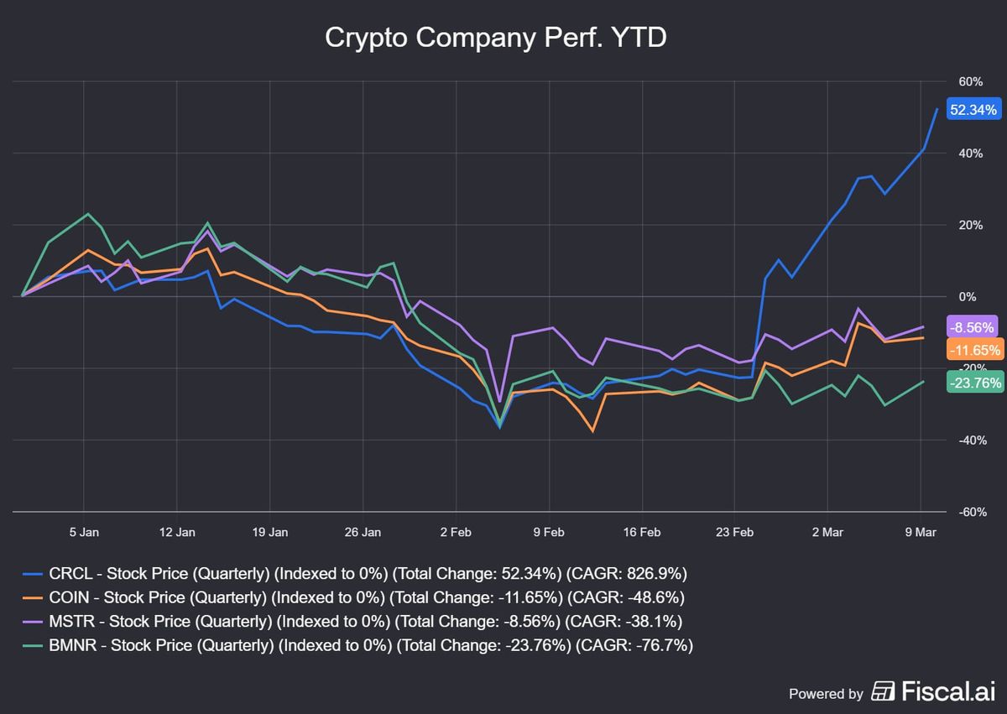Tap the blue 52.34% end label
tap(973, 110)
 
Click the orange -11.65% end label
tap(973, 350)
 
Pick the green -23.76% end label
tap(973, 383)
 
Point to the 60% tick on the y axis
tap(970, 81)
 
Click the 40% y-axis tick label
tap(970, 154)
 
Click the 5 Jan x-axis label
tap(83, 532)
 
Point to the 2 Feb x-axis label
tap(455, 532)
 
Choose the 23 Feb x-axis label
tap(734, 532)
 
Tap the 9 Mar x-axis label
tap(921, 532)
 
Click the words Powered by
tap(826, 693)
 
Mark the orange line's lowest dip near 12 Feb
tap(593, 431)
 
